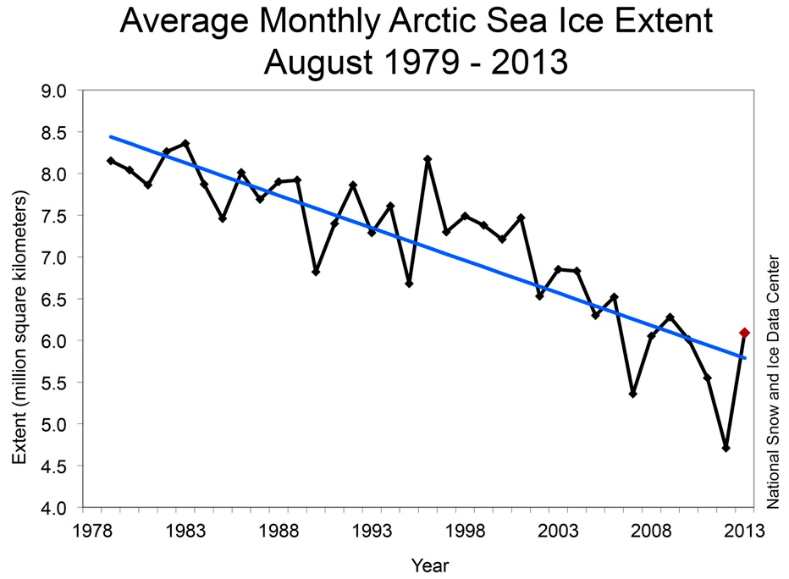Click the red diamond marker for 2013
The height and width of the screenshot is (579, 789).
(744, 333)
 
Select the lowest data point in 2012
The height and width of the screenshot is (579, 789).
(726, 448)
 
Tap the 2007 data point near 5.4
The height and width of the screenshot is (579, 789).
(632, 394)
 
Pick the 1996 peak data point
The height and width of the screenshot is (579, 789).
(428, 159)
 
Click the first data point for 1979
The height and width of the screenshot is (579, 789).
(111, 161)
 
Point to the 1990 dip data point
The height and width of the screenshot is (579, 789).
(316, 272)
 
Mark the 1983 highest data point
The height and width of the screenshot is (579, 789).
(185, 144)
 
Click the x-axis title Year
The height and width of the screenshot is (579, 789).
(430, 564)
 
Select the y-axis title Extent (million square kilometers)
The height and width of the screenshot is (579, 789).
(20, 327)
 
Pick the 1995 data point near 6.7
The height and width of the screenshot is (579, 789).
(409, 284)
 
